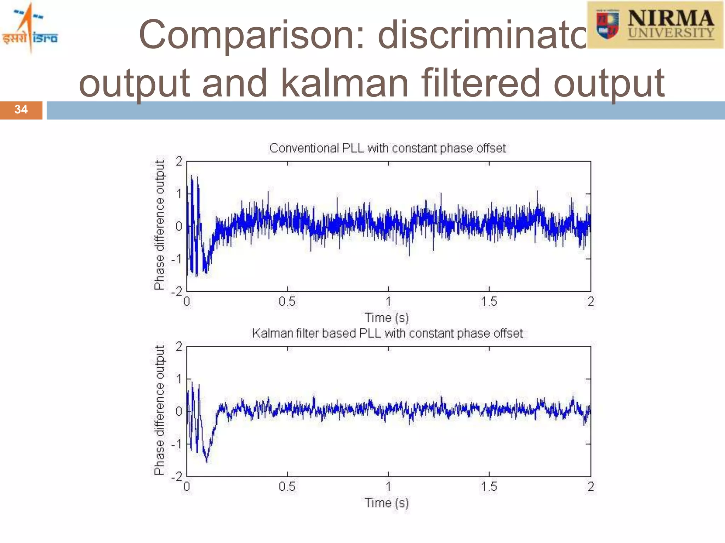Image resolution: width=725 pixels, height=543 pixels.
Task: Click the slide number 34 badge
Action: [21, 110]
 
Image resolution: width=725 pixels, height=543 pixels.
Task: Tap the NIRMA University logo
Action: [655, 25]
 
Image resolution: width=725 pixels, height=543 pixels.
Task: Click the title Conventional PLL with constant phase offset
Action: [387, 148]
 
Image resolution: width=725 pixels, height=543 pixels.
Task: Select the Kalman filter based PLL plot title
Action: [387, 333]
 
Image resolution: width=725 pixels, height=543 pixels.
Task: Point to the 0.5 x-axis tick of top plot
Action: [287, 302]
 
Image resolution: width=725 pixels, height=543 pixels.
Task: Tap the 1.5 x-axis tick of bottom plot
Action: [489, 487]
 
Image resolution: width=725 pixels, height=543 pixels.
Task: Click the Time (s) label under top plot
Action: [387, 317]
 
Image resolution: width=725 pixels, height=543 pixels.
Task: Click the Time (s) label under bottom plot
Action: [387, 503]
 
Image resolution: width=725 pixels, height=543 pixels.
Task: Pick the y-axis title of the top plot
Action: [160, 225]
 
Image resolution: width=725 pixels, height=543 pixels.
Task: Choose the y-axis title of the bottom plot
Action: [160, 410]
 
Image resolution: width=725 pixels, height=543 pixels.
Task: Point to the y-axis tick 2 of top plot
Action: [179, 162]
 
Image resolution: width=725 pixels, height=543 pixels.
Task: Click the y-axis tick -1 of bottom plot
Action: [177, 444]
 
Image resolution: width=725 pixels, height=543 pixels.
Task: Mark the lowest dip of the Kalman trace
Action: [207, 461]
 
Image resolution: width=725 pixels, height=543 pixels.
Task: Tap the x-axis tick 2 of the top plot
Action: [590, 302]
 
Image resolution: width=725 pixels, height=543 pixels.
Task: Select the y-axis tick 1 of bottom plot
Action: [179, 379]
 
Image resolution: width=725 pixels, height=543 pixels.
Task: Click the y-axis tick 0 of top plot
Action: [179, 226]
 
